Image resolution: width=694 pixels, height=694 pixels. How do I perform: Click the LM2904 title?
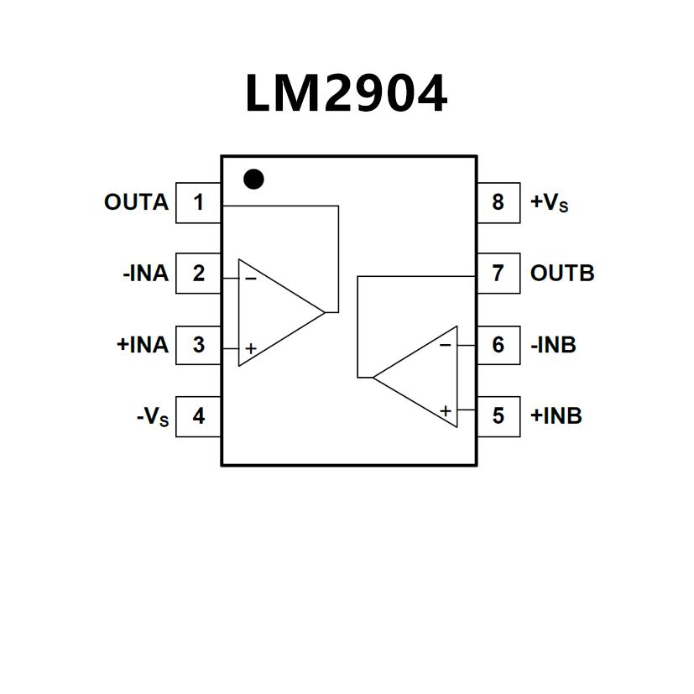[346, 93]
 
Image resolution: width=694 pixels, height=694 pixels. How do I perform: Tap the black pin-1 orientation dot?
[253, 179]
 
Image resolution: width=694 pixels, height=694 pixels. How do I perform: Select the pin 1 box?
[198, 202]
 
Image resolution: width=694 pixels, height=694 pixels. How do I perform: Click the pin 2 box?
[198, 274]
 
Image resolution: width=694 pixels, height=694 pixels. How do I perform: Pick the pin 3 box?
[198, 345]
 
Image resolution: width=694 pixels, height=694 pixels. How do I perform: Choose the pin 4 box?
[198, 416]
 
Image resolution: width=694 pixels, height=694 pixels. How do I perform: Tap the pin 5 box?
[498, 416]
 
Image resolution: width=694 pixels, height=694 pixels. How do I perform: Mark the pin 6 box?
[498, 345]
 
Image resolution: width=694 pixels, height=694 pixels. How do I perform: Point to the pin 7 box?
[498, 274]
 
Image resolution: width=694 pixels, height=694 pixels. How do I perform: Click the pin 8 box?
[498, 202]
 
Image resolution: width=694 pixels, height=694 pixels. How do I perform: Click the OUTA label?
[136, 202]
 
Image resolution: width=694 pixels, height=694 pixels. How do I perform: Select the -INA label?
[145, 274]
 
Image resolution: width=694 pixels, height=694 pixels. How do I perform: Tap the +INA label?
[143, 345]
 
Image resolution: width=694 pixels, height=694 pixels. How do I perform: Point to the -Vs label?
[153, 417]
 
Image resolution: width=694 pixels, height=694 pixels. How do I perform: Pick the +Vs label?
[550, 203]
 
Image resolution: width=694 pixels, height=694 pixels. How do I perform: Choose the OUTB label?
[562, 274]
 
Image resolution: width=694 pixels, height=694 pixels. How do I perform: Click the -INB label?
[553, 345]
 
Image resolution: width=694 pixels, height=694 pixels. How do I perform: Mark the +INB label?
[556, 416]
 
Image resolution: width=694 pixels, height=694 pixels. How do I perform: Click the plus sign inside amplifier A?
[251, 347]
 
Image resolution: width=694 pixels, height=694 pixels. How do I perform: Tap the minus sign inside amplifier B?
[445, 344]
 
